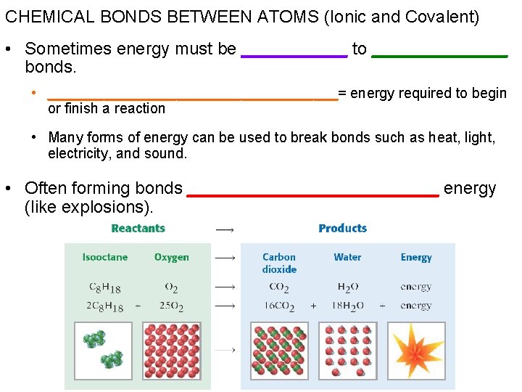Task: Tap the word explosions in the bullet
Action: (x=109, y=208)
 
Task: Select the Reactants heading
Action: (x=138, y=228)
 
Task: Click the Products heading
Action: (x=342, y=228)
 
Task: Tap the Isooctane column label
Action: (x=104, y=257)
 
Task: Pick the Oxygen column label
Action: (x=171, y=257)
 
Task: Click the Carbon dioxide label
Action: (x=279, y=263)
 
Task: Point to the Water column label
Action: (x=347, y=257)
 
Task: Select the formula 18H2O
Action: (x=347, y=306)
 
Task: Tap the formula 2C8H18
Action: (x=104, y=306)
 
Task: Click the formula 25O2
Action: (x=171, y=306)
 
